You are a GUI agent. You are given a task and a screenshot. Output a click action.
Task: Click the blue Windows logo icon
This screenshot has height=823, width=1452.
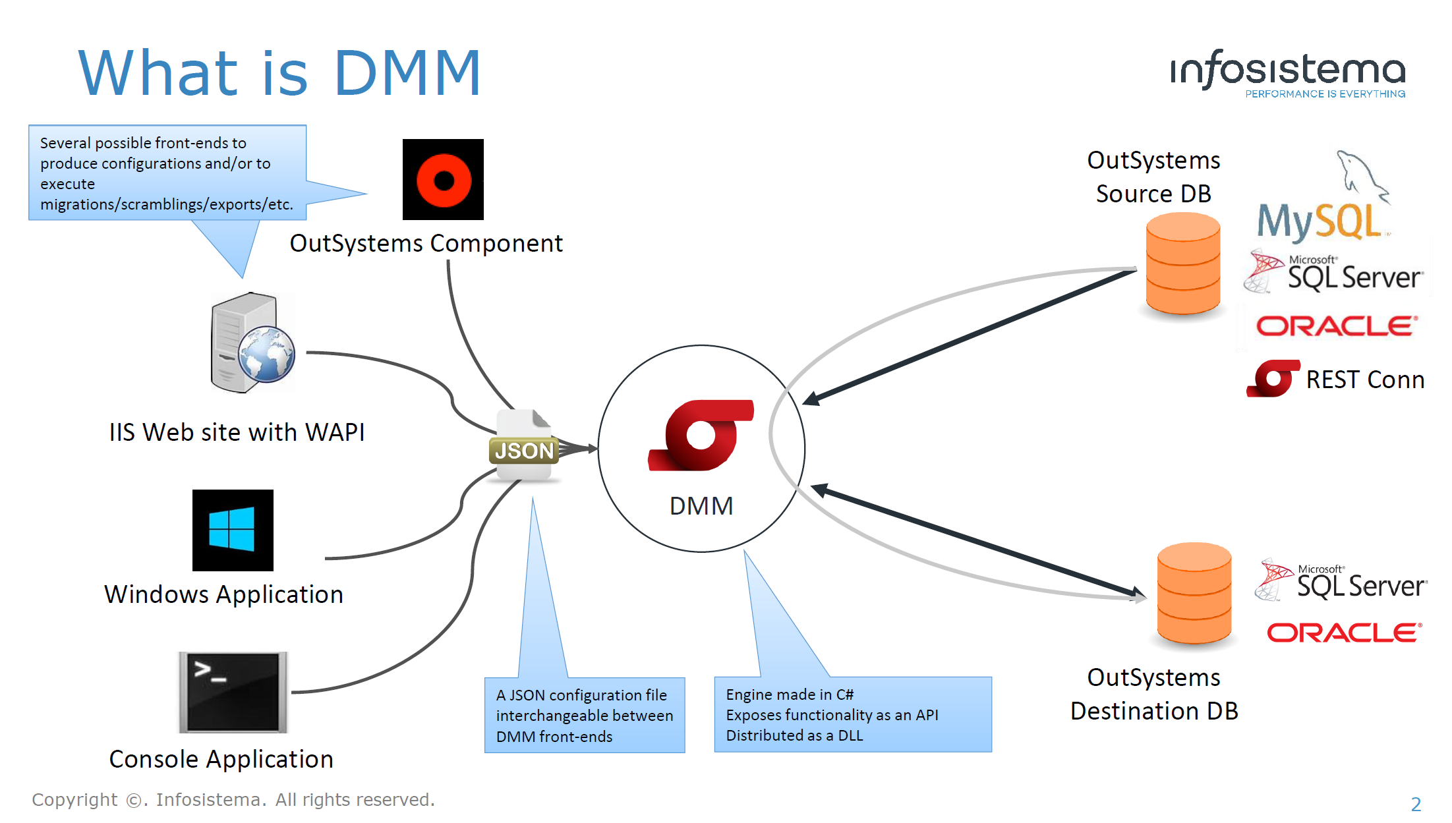point(232,530)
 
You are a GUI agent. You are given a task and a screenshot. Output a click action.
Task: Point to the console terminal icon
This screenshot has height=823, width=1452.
point(233,693)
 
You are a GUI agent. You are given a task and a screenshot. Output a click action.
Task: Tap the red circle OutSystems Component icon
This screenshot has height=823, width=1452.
point(443,179)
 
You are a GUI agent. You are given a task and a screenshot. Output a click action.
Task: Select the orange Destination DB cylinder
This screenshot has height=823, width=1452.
point(1194,593)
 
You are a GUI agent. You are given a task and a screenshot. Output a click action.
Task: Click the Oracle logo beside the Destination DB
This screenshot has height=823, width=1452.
point(1344,633)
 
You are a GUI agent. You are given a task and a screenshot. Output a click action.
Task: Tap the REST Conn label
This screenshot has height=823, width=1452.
point(1365,380)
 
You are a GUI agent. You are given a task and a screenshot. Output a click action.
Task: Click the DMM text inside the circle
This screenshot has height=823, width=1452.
point(701,506)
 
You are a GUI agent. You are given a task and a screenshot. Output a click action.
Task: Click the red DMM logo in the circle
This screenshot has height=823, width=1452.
point(701,436)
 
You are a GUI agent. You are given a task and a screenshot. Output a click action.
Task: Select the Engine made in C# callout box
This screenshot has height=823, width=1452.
point(852,715)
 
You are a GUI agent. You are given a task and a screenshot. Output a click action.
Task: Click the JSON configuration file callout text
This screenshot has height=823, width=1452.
point(584,715)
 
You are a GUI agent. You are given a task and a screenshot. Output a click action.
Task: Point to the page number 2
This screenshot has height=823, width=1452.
point(1415,804)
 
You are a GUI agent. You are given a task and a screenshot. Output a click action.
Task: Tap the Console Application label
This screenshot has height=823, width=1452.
point(221,759)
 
